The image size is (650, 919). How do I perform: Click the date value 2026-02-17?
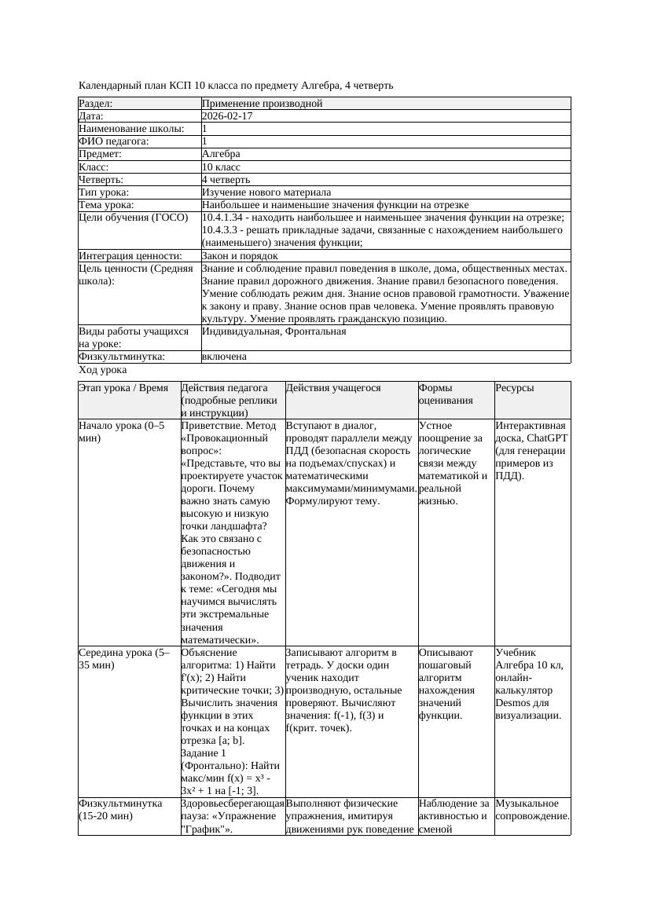[x=227, y=116]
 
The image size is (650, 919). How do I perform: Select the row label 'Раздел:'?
[x=96, y=104]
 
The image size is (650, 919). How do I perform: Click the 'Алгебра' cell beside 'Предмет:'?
[x=221, y=154]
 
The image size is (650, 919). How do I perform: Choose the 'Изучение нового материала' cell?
[x=266, y=192]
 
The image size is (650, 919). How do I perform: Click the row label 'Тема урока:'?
[x=107, y=205]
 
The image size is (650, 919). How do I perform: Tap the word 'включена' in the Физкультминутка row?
[x=224, y=357]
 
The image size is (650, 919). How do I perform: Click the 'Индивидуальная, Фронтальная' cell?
[x=274, y=331]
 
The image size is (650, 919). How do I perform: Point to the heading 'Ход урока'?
[x=103, y=369]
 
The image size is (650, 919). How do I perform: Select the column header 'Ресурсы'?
[x=515, y=388]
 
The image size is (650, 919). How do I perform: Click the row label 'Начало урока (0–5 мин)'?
[x=122, y=431]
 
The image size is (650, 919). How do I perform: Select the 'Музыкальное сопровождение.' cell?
[x=532, y=810]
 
